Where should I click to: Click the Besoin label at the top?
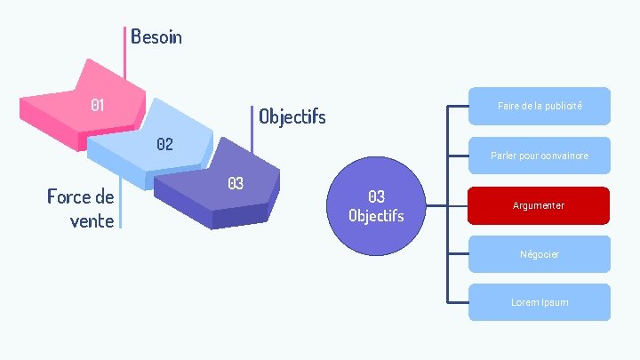[156, 36]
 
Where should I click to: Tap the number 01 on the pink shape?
[98, 105]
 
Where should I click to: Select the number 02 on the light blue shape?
[164, 143]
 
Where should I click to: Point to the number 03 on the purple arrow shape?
[235, 183]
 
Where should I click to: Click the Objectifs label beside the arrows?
[292, 116]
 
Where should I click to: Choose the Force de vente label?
[81, 208]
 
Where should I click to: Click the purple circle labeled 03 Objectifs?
[376, 205]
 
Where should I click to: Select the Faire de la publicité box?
[540, 106]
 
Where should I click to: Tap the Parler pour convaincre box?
[540, 156]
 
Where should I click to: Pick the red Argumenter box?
[539, 205]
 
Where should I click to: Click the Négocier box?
[540, 254]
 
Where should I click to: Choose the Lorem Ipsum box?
[540, 302]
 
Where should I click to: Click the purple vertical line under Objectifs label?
[252, 142]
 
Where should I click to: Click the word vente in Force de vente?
[92, 220]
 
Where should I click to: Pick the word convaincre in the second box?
[564, 156]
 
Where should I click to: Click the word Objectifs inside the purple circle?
[376, 215]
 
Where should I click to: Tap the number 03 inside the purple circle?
[376, 196]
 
